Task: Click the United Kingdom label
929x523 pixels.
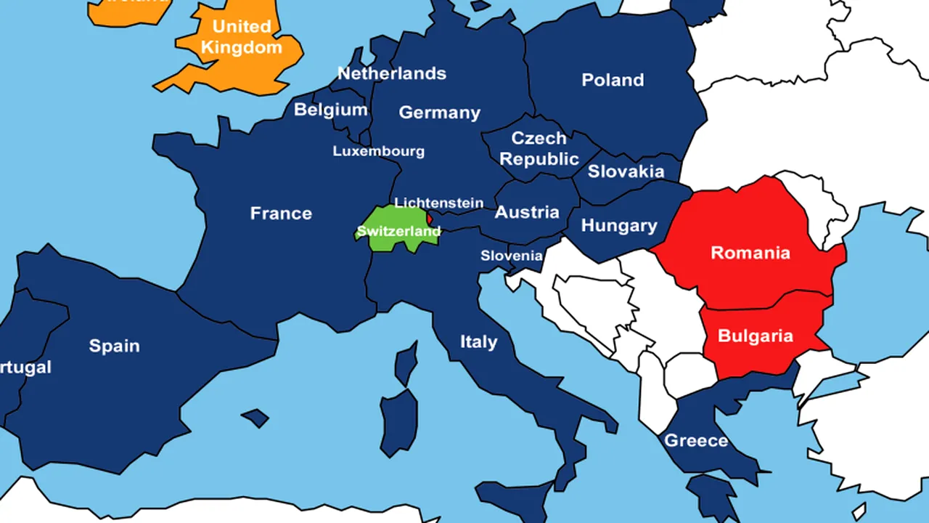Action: (241, 37)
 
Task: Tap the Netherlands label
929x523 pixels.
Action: (392, 73)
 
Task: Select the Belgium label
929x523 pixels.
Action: (330, 110)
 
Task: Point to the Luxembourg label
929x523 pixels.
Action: (378, 151)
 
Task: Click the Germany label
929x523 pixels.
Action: (439, 113)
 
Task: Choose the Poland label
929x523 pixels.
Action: (613, 80)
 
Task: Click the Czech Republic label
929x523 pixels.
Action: (539, 148)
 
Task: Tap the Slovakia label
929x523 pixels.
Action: (626, 171)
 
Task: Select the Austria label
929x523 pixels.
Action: (527, 212)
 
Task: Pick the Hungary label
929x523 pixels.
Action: (619, 226)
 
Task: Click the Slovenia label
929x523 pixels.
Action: (511, 256)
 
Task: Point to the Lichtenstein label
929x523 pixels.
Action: (438, 203)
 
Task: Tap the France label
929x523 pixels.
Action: (281, 214)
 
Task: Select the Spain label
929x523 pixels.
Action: (114, 346)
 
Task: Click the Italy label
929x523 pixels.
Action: (479, 341)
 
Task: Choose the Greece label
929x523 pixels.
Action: (696, 441)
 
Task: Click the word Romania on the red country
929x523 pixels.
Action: (750, 253)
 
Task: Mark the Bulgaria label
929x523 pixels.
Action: (755, 336)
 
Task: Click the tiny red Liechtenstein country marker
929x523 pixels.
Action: (429, 217)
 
